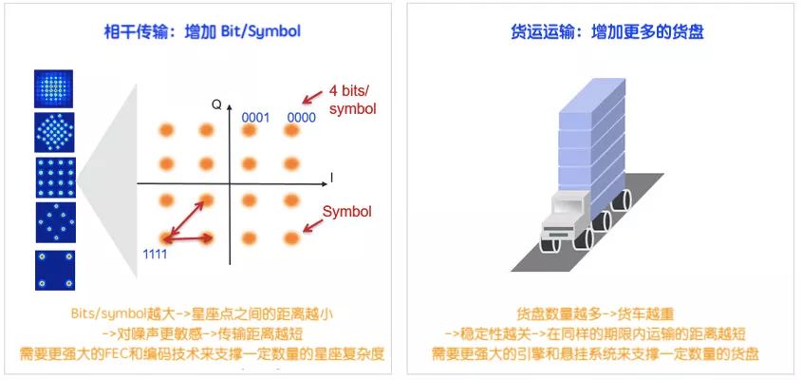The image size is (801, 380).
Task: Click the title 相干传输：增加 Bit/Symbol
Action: click(201, 31)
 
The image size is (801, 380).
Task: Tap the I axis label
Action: click(331, 177)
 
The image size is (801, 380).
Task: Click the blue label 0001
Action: click(255, 117)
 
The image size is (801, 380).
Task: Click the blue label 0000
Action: click(301, 117)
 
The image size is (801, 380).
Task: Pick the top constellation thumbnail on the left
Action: click(54, 88)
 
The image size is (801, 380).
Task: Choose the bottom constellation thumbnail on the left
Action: click(54, 269)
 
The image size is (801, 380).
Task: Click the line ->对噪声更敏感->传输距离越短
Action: click(201, 333)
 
